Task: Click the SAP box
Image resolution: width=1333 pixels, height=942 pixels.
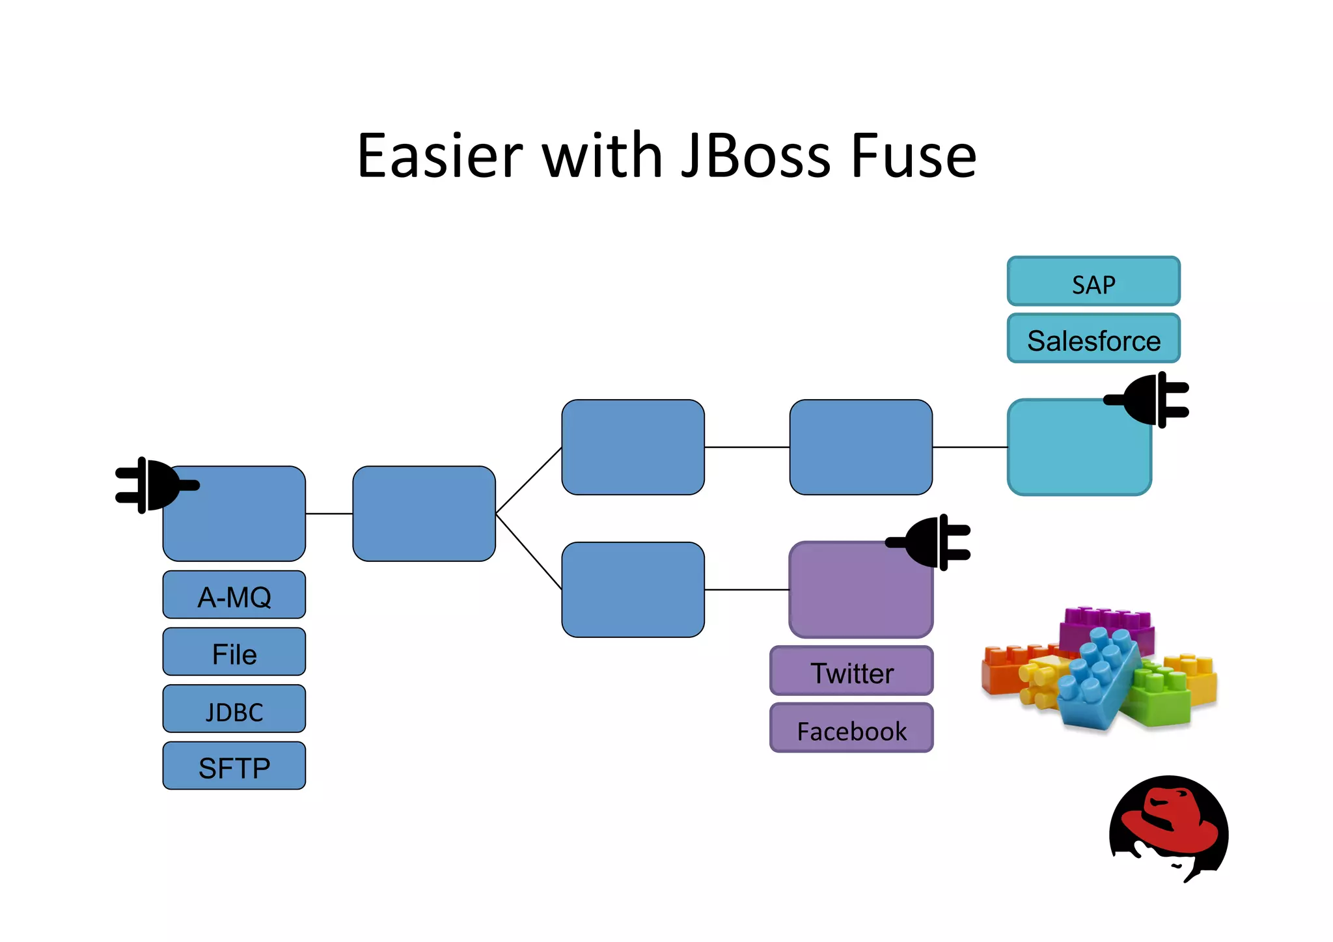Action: tap(1093, 282)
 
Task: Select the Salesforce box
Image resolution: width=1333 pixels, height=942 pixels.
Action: tap(1093, 339)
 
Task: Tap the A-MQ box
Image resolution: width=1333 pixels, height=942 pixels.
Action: tap(234, 595)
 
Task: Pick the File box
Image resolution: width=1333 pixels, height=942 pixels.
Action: tap(234, 652)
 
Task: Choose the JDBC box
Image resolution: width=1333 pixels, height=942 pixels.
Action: tap(234, 710)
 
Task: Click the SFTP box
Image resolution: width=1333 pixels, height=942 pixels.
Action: tap(234, 766)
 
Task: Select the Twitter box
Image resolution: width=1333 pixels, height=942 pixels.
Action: tap(851, 671)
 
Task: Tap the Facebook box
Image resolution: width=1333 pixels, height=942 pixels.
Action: tap(851, 728)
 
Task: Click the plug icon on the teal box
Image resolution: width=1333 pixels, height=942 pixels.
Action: tap(1149, 400)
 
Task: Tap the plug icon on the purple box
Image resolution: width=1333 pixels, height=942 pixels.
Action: tap(931, 542)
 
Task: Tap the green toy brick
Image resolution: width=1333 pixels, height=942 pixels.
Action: tap(1162, 697)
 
